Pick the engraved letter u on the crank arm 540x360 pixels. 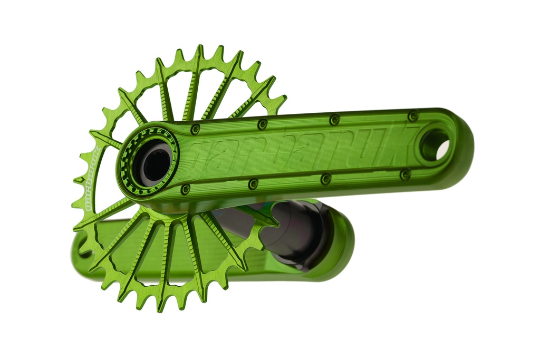pos(369,143)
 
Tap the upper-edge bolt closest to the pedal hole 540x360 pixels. pos(413,115)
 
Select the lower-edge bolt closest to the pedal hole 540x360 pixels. pos(405,174)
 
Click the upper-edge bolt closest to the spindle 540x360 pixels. pos(195,129)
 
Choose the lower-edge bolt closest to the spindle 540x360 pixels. pos(185,189)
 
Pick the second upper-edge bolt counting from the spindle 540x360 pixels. pos(262,124)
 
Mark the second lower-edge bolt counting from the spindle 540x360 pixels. pos(253,184)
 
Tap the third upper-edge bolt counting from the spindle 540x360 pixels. pos(334,120)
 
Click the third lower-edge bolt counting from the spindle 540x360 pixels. pos(326,179)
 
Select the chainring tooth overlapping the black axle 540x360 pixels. pos(264,219)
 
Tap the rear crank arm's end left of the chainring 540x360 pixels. pos(79,248)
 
